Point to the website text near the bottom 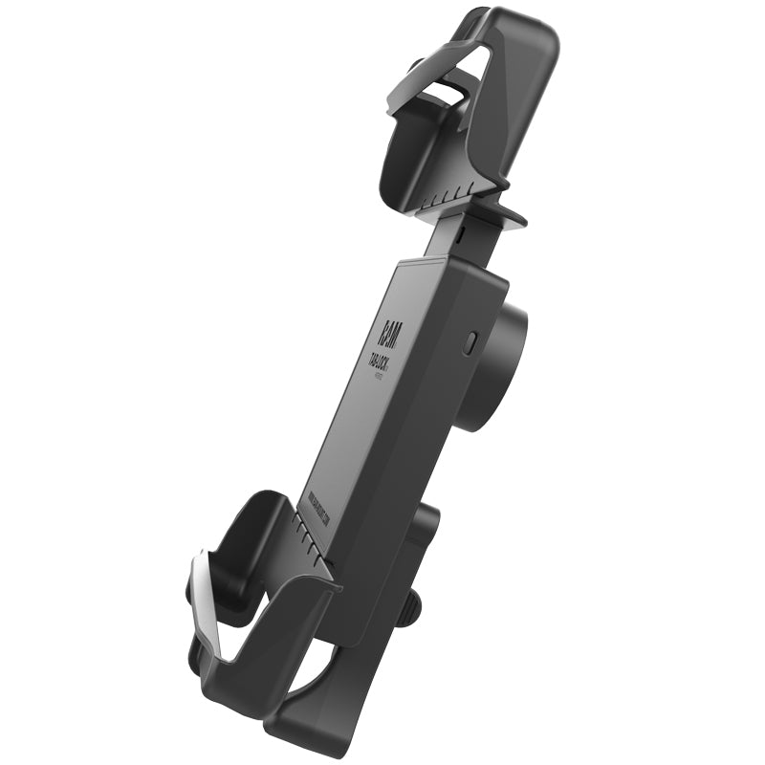point(315,513)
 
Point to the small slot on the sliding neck point(460,231)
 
